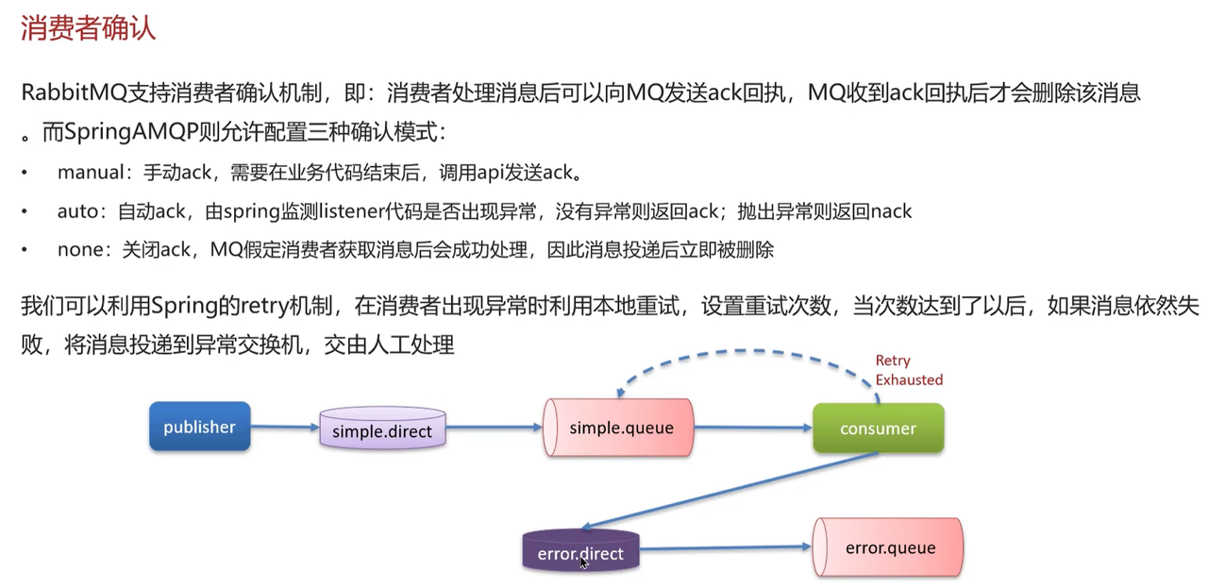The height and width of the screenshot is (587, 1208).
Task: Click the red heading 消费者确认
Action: [x=88, y=28]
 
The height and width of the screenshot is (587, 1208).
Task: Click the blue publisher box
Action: [x=199, y=427]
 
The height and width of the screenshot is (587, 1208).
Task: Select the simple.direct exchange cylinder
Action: [x=382, y=430]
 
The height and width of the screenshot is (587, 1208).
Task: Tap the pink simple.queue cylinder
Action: [x=620, y=428]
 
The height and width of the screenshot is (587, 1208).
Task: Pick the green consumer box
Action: [x=878, y=428]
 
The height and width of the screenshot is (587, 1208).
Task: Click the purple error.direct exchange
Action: [x=580, y=552]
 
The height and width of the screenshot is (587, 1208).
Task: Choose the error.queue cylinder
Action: [x=889, y=547]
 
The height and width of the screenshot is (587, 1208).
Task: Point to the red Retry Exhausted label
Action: [x=908, y=370]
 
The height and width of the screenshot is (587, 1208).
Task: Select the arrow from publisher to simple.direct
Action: [x=285, y=428]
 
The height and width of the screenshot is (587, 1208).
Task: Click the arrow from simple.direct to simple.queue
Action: [x=495, y=428]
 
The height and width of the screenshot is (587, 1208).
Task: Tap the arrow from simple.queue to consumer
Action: [x=753, y=428]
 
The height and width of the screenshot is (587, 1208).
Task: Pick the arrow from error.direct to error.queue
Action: [x=725, y=547]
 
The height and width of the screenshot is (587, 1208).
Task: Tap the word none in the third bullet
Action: [x=78, y=250]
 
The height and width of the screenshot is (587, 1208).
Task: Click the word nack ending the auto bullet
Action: [x=890, y=211]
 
